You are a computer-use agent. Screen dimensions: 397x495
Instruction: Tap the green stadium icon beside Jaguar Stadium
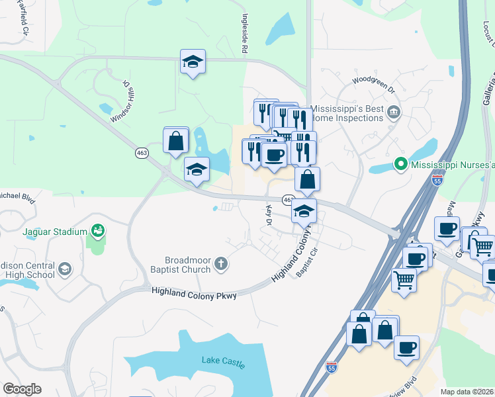click(x=98, y=231)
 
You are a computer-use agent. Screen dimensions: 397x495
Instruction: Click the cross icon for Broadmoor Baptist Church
click(x=222, y=265)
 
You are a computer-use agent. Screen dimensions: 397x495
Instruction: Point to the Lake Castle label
click(x=223, y=362)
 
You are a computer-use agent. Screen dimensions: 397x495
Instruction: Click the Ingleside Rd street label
click(x=244, y=34)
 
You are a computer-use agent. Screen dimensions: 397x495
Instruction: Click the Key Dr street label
click(x=269, y=214)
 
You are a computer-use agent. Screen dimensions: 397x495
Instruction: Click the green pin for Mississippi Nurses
click(x=400, y=163)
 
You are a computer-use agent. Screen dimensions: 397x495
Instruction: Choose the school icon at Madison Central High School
click(x=65, y=269)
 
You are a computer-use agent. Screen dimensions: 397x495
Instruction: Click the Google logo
click(x=22, y=389)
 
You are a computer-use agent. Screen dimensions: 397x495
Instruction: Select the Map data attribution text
click(x=467, y=392)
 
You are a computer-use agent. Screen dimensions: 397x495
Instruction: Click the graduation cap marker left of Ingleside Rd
click(x=193, y=62)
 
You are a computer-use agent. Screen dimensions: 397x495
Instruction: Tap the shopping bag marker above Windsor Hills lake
click(x=176, y=140)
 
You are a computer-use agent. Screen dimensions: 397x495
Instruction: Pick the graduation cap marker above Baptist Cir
click(x=304, y=210)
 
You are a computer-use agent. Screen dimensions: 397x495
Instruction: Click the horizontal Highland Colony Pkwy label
click(x=193, y=292)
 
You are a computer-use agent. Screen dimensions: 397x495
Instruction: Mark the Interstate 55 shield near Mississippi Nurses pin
click(x=434, y=179)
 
